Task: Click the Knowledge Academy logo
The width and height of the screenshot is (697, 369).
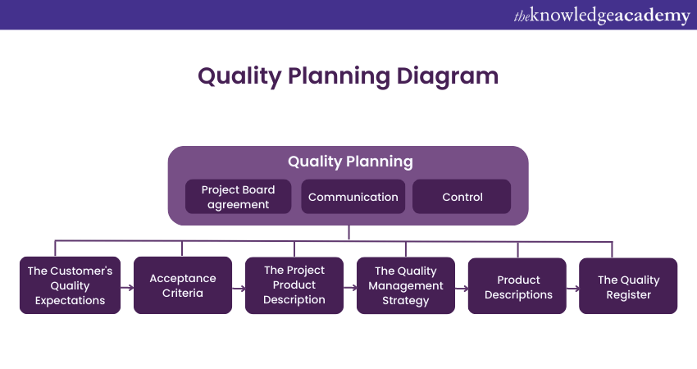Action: (x=602, y=16)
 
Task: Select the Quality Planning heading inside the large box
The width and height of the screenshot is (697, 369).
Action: (x=350, y=162)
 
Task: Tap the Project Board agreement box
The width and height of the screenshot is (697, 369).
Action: (x=239, y=197)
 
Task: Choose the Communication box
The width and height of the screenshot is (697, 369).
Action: (x=353, y=197)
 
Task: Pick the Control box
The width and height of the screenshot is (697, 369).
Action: (x=462, y=197)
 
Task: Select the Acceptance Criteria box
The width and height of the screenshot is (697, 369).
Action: (x=182, y=285)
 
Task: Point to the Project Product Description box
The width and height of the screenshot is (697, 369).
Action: (x=294, y=285)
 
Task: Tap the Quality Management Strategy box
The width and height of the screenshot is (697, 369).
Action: (x=406, y=285)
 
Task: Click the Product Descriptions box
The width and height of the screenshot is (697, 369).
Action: (x=517, y=285)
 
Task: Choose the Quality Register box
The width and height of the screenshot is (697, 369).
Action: (x=628, y=285)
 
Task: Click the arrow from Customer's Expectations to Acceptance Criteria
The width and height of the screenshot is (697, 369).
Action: (x=127, y=288)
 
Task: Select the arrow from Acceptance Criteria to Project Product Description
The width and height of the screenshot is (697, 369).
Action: (x=239, y=288)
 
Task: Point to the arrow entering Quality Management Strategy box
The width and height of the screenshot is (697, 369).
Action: (x=350, y=288)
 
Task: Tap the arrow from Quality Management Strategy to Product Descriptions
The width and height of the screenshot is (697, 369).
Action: (x=462, y=288)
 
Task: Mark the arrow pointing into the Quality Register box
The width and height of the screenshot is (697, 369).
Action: (x=573, y=288)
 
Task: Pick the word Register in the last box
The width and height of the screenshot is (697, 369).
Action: (x=628, y=294)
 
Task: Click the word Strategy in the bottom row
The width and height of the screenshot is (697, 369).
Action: (x=406, y=300)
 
